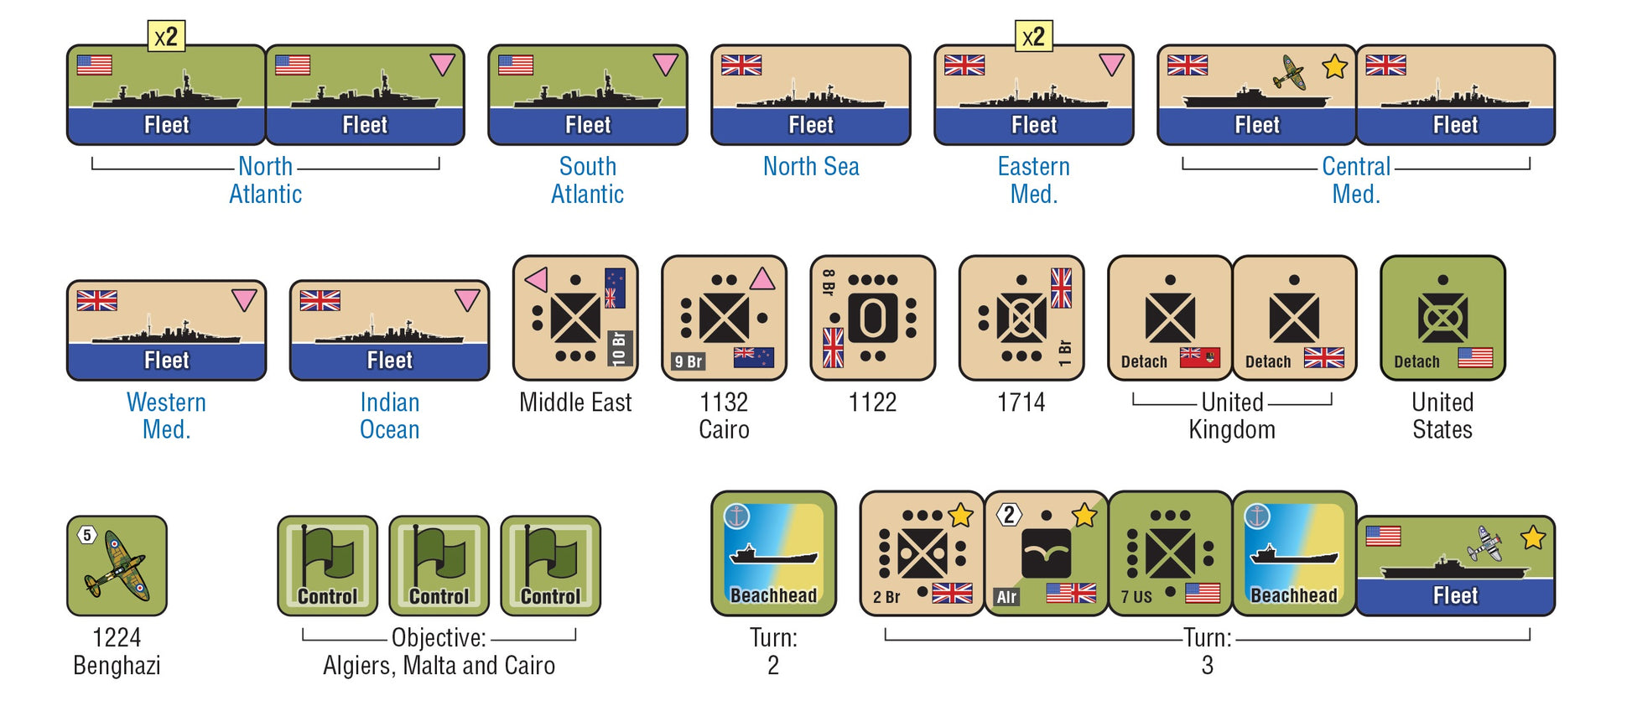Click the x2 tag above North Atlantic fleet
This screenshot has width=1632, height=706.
coord(166,37)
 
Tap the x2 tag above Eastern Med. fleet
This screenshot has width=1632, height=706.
coord(1033,37)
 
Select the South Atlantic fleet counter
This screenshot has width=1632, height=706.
coord(587,95)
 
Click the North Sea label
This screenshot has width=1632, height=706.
coord(810,166)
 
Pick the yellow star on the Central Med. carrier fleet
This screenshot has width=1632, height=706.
coord(1334,66)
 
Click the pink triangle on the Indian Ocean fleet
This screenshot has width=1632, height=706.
coord(467,300)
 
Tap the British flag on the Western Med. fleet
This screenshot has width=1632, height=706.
coord(96,300)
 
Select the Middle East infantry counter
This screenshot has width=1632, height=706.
coord(575,318)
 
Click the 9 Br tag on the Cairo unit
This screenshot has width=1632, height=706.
coord(688,361)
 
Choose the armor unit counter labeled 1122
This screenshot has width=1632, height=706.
coord(872,318)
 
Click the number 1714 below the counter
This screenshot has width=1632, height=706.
coord(1021,402)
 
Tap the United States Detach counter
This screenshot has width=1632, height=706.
coord(1442,318)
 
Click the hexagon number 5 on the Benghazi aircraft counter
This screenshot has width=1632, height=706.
coord(87,535)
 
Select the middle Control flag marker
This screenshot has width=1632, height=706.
coord(439,565)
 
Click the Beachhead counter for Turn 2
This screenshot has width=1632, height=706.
coord(773,553)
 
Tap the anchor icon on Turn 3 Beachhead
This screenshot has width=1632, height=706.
coord(1256,517)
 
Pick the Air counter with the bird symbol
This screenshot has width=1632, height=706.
coord(1046,553)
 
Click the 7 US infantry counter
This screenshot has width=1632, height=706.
coord(1170,553)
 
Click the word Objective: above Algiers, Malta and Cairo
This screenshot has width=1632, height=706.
coord(439,637)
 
